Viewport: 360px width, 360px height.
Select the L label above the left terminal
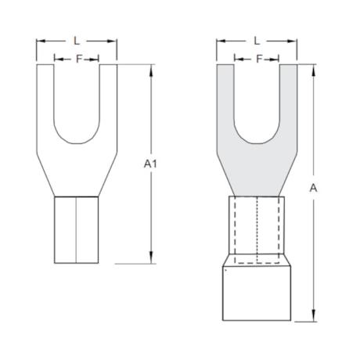[76, 38]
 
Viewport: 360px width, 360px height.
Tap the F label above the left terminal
[77, 59]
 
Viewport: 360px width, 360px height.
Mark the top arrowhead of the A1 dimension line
[151, 68]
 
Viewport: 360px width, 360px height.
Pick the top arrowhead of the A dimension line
[314, 68]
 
